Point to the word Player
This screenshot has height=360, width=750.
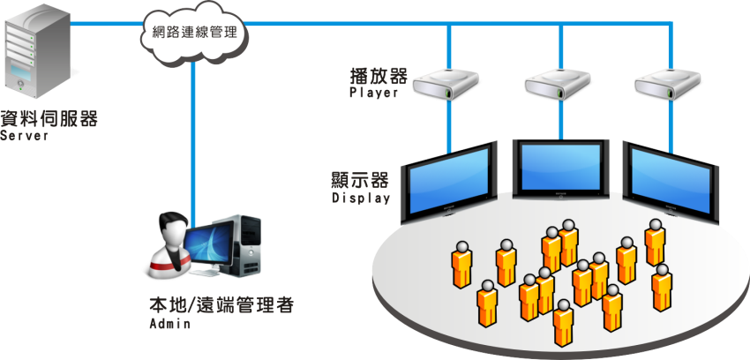[374, 92]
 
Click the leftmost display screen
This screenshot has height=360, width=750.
[448, 183]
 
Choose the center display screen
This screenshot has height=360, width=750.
[559, 168]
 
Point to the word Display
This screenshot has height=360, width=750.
[361, 199]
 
